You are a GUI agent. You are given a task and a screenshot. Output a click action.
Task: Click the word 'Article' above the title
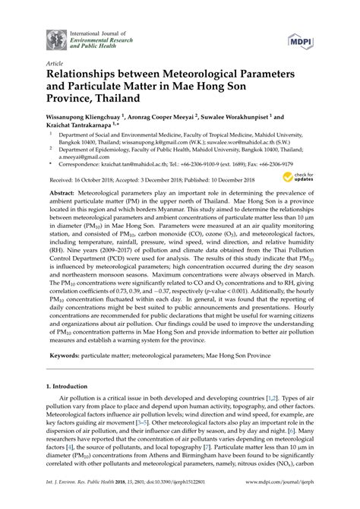(54, 65)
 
